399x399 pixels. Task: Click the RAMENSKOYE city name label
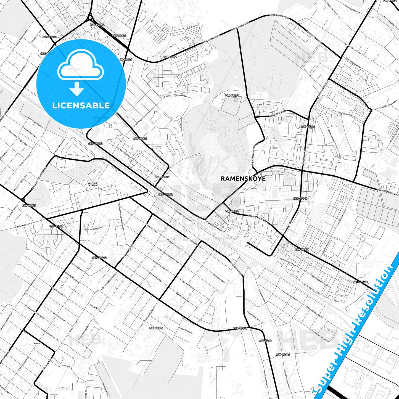pyautogui.click(x=243, y=178)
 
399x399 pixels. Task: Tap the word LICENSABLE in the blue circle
pyautogui.click(x=81, y=105)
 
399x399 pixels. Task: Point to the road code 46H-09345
pyautogui.click(x=97, y=25)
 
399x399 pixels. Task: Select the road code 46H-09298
pyautogui.click(x=232, y=95)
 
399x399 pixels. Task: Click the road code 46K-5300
pyautogui.click(x=265, y=341)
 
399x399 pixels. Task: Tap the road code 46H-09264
pyautogui.click(x=283, y=355)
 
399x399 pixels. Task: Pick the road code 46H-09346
pyautogui.click(x=156, y=328)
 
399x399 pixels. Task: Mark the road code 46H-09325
pyautogui.click(x=29, y=205)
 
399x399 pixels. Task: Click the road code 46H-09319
pyautogui.click(x=170, y=57)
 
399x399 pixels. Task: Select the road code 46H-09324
pyautogui.click(x=140, y=139)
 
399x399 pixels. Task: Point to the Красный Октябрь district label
pyautogui.click(x=93, y=184)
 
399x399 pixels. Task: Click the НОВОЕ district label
pyautogui.click(x=37, y=343)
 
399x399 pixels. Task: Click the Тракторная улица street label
pyautogui.click(x=93, y=229)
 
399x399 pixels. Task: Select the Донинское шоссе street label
pyautogui.click(x=322, y=90)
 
